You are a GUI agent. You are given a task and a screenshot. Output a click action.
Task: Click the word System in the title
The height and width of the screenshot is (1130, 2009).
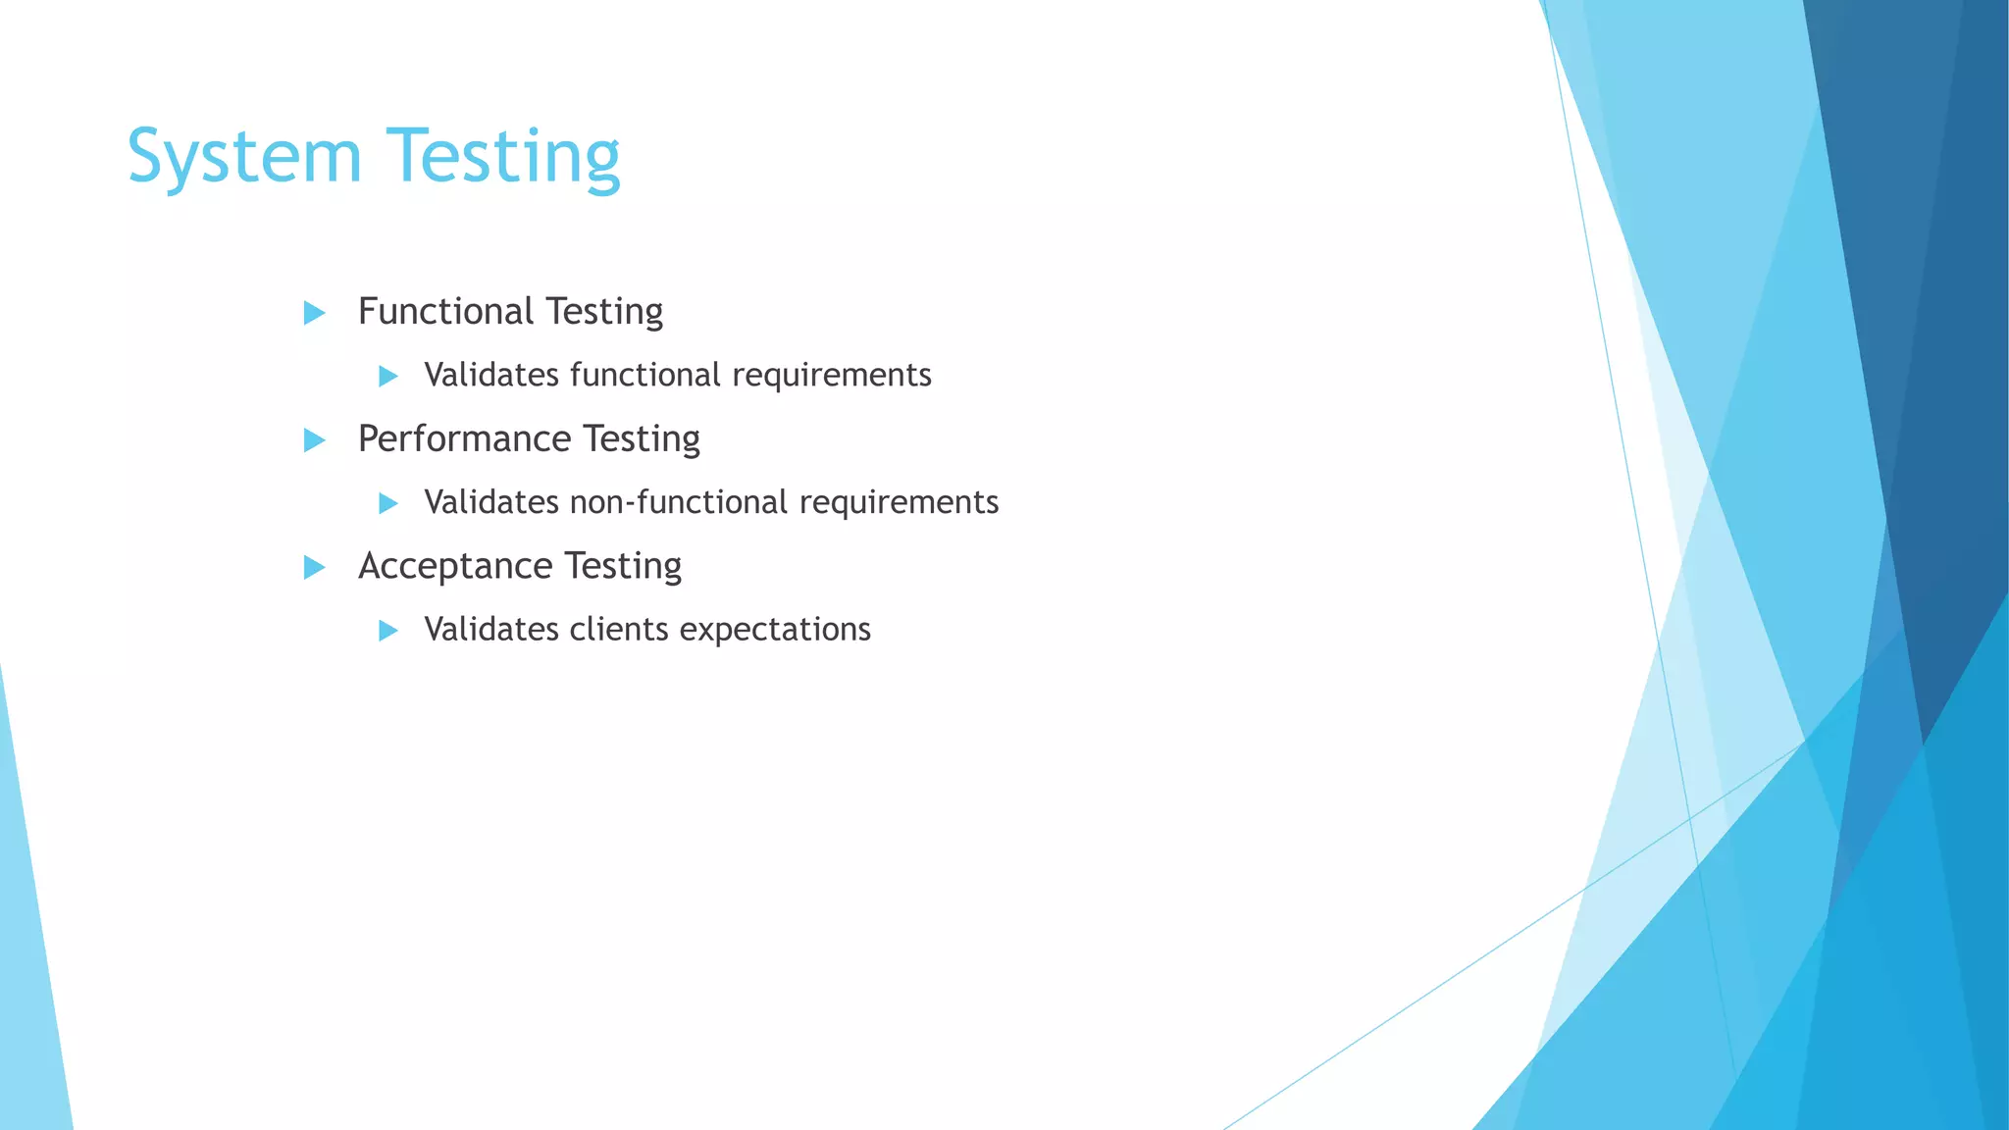point(244,157)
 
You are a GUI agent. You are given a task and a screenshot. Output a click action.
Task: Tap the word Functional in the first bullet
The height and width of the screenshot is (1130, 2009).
point(445,312)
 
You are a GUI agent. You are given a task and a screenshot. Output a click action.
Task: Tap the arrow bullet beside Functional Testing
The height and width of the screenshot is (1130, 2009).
point(314,313)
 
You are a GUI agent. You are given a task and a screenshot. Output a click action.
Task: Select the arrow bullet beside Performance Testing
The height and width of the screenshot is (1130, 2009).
point(314,440)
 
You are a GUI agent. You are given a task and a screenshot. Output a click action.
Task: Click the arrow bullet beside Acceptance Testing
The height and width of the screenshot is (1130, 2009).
point(314,567)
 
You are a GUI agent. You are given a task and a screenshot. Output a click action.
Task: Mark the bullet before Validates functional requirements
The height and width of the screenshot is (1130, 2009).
point(388,376)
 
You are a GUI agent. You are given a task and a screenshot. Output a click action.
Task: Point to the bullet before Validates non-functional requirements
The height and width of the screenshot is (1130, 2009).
point(388,503)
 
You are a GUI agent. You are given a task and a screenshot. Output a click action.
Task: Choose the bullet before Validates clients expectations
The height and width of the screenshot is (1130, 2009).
point(388,631)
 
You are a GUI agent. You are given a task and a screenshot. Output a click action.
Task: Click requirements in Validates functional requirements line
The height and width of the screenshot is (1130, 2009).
point(832,376)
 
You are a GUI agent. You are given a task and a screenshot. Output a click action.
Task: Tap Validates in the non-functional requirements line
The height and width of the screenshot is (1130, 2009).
point(491,502)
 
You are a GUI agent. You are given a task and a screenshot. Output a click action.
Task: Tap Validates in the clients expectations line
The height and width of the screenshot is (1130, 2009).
point(491,630)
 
